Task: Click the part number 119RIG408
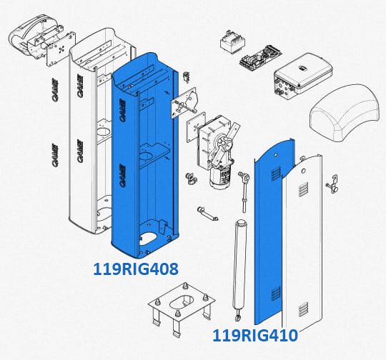pyautogui.click(x=136, y=269)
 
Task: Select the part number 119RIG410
pyautogui.click(x=255, y=336)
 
